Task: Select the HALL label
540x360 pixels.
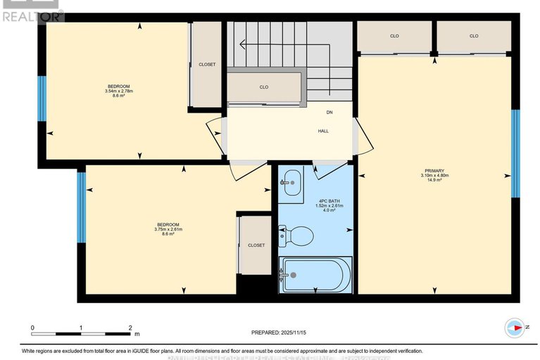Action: pos(323,130)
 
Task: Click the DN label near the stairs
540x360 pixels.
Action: pos(329,113)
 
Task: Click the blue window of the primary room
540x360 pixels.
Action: pos(515,154)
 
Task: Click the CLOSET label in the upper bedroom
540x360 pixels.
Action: pos(207,64)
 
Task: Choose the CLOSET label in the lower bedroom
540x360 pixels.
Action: pos(256,245)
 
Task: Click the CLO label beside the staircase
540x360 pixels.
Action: pos(263,87)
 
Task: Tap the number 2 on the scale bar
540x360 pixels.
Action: pos(130,328)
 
